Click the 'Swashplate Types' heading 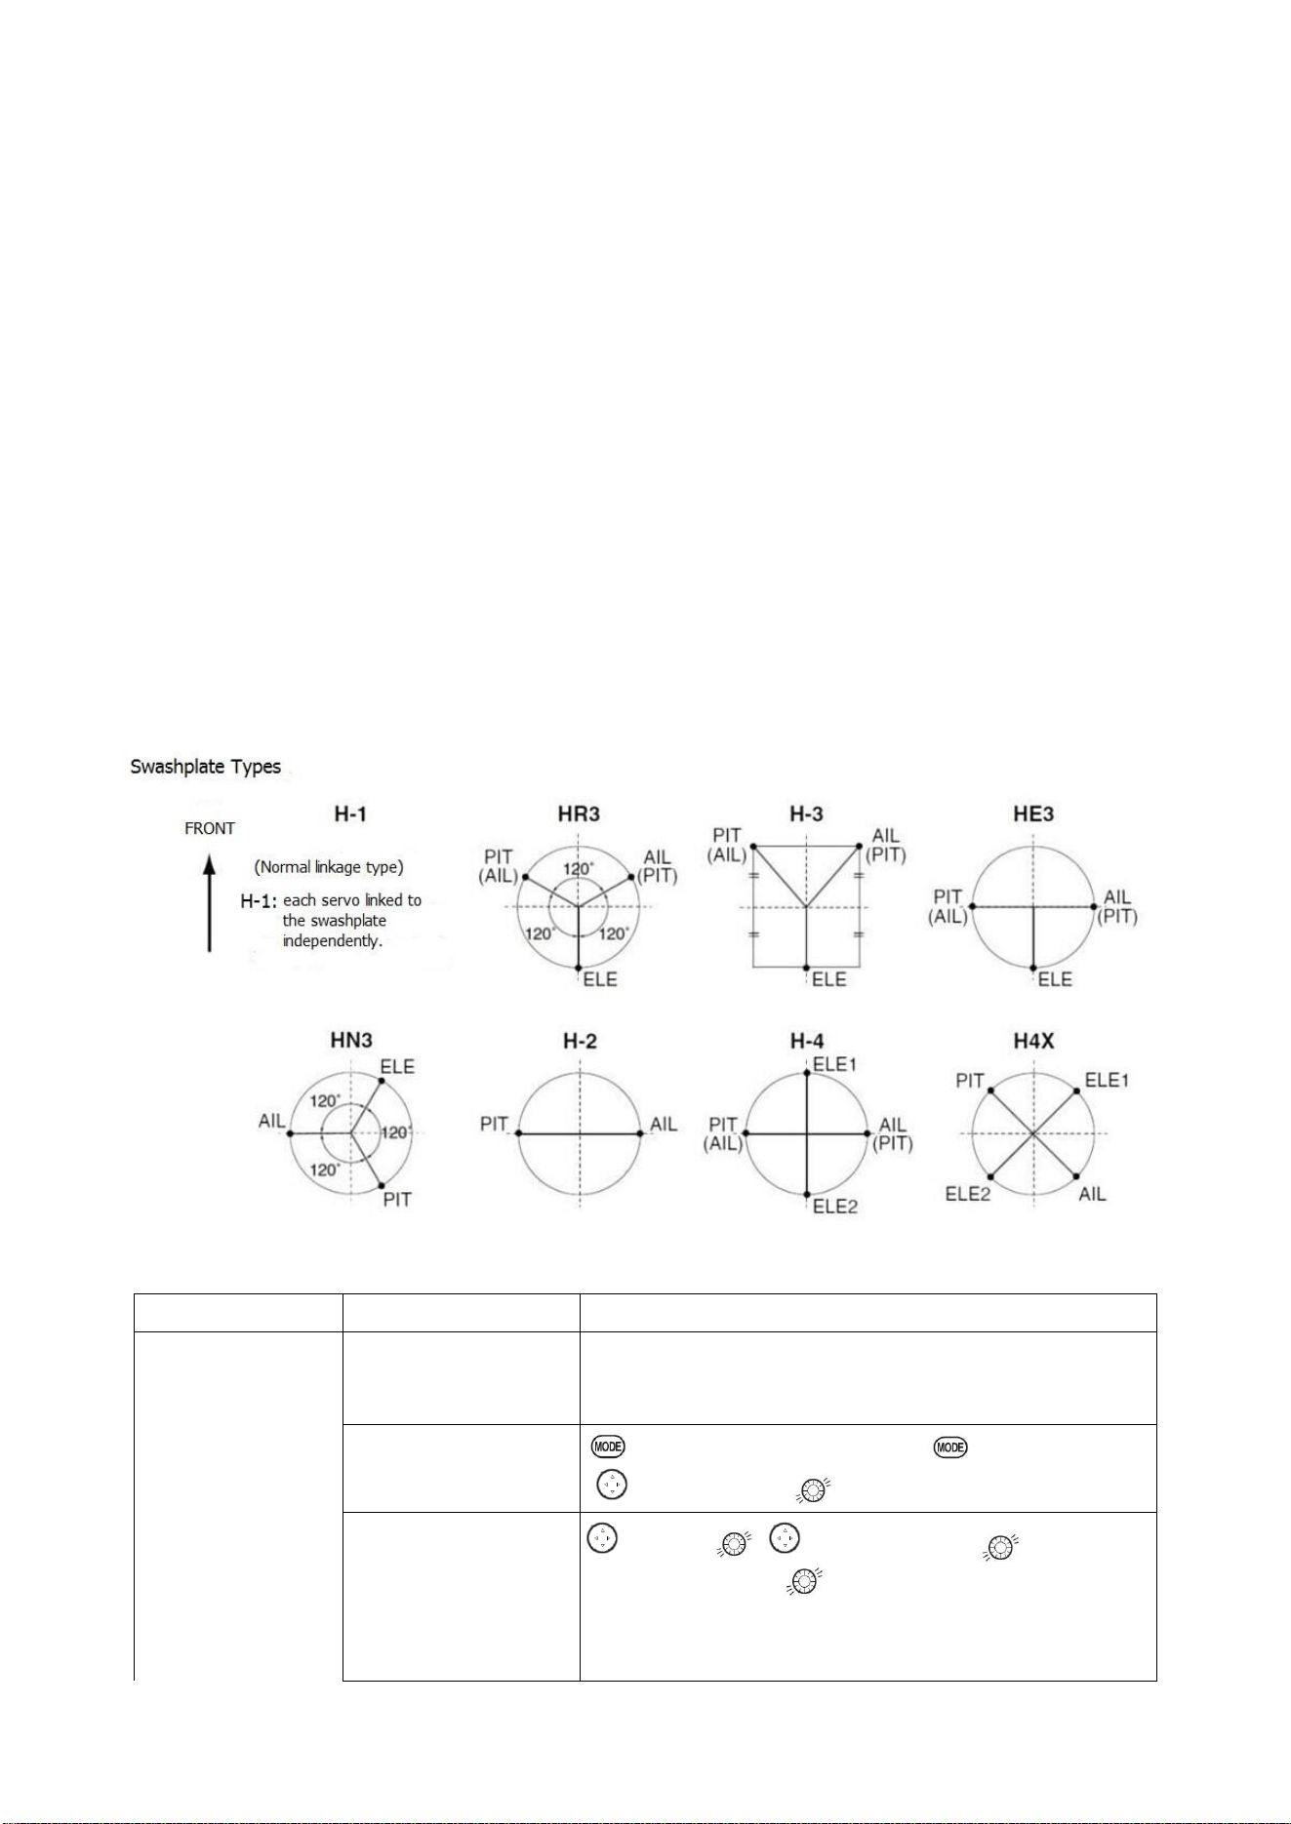[x=206, y=767]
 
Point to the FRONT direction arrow [x=209, y=902]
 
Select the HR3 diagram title [x=580, y=814]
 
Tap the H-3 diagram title [x=806, y=814]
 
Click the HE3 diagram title [x=1033, y=814]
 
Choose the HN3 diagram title [x=351, y=1042]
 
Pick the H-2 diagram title [x=580, y=1042]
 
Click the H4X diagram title [x=1033, y=1042]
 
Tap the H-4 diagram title [x=806, y=1042]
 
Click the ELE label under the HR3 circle [x=600, y=979]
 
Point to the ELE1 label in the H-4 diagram [x=834, y=1064]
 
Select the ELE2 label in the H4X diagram [x=968, y=1194]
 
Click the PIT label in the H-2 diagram [x=495, y=1125]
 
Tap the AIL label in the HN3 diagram [x=271, y=1122]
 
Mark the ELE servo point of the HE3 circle [x=1033, y=969]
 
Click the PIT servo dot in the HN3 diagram [x=381, y=1186]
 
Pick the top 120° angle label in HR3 [x=579, y=869]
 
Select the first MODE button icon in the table [x=607, y=1447]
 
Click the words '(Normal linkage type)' [x=328, y=867]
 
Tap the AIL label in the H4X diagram [x=1093, y=1194]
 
